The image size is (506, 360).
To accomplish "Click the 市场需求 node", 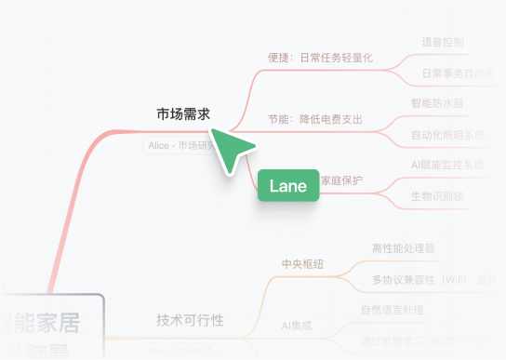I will (182, 114).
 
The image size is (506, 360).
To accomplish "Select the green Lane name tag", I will (287, 186).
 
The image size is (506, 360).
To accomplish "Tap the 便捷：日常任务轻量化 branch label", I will (319, 58).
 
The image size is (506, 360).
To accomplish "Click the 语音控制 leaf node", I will (442, 42).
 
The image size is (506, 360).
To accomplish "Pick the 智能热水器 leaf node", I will (436, 103).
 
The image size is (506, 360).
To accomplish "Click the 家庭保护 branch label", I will (341, 180).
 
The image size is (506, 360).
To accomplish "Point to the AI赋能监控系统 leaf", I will (447, 166).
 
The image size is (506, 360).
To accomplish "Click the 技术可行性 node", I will (190, 320).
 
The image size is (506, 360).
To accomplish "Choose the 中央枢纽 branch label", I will (302, 264).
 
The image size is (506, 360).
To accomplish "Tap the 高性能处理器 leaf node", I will (403, 248).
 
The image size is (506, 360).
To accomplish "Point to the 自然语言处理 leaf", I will (392, 310).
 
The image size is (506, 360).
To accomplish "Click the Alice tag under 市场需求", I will (181, 145).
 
